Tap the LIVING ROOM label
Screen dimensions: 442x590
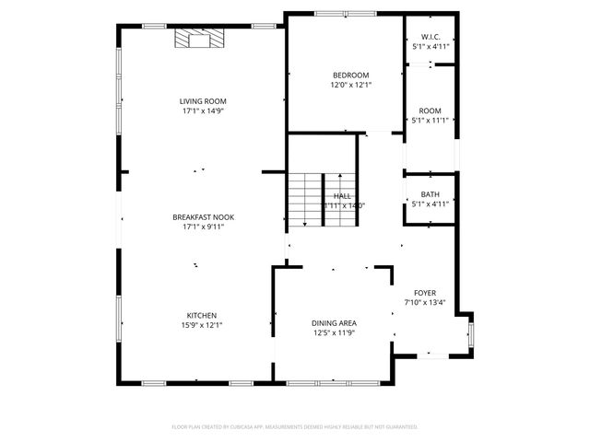[x=203, y=101]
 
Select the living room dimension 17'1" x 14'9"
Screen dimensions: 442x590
[x=203, y=110]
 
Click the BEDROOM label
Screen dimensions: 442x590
[x=350, y=76]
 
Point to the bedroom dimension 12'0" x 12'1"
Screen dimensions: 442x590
[x=350, y=85]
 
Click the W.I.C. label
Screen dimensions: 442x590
[x=431, y=37]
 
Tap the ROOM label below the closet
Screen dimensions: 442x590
[x=431, y=110]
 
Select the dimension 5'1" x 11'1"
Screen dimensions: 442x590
[x=431, y=120]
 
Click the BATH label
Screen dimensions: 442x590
[x=431, y=194]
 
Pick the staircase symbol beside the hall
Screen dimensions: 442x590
[x=303, y=197]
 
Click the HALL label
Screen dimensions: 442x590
[x=342, y=196]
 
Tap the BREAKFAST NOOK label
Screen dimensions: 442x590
[x=203, y=217]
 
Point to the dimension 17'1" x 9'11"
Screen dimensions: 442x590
[x=203, y=227]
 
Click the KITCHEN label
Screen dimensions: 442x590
[x=202, y=315]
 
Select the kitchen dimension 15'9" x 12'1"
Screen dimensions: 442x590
[x=202, y=324]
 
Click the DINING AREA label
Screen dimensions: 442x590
[x=334, y=323]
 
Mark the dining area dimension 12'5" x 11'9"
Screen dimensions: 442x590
[x=334, y=332]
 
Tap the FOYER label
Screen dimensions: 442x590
[x=424, y=292]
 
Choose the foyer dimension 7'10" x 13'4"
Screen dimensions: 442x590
[x=424, y=301]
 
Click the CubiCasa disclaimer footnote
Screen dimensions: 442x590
[x=295, y=427]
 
